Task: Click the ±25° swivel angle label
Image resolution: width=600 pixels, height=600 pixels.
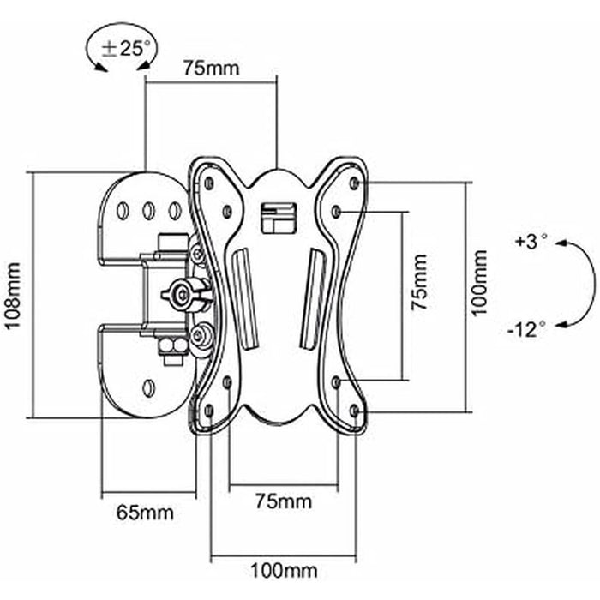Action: coord(125,49)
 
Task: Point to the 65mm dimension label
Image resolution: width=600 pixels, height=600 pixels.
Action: coord(145,513)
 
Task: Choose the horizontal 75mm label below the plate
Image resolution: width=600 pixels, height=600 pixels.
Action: coord(283,501)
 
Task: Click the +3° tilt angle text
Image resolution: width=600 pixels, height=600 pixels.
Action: coord(531,242)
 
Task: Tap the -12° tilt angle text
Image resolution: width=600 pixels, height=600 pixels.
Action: coord(526,327)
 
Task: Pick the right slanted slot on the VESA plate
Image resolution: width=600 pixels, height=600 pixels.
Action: coord(312,297)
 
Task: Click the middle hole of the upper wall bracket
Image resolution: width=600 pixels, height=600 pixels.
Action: coord(148,208)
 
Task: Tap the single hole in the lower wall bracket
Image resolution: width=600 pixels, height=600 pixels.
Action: coord(148,387)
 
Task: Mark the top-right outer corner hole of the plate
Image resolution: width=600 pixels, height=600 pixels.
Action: coord(355,183)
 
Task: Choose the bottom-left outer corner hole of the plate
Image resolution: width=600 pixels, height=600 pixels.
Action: coord(207,410)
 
